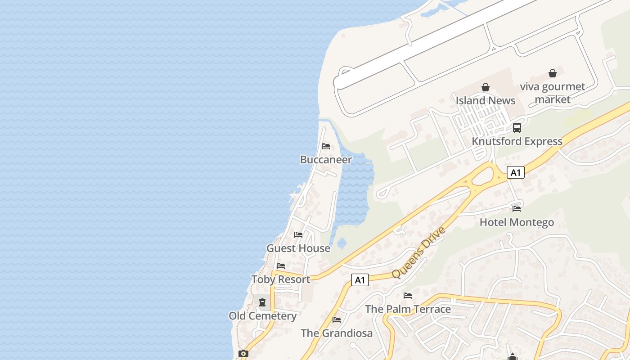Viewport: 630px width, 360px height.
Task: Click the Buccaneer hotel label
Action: (326, 160)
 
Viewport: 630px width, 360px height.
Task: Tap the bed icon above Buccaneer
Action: (326, 146)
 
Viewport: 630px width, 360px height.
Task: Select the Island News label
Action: (486, 100)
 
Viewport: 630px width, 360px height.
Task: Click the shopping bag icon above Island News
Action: (486, 87)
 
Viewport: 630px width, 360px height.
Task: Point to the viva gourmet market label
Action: (553, 93)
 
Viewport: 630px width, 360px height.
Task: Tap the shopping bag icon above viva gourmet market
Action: (553, 73)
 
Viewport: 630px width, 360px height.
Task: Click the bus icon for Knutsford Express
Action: (517, 128)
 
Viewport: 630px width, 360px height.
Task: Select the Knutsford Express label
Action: (517, 141)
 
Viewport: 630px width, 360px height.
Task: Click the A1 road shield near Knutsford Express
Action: (516, 172)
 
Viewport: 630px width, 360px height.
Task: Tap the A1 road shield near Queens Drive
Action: (360, 280)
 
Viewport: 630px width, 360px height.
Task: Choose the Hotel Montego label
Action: (517, 222)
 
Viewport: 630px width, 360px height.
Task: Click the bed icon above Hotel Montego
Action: (517, 208)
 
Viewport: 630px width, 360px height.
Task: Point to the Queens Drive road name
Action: (418, 252)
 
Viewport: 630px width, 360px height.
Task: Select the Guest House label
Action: (298, 248)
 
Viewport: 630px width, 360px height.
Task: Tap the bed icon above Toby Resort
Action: (281, 266)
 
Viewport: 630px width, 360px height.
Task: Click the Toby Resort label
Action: (281, 279)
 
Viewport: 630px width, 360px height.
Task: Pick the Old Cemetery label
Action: (262, 316)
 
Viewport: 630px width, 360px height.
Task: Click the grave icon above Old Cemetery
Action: (262, 302)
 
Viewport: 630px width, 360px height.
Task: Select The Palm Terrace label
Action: (408, 309)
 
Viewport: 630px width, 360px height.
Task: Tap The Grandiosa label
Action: (337, 333)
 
